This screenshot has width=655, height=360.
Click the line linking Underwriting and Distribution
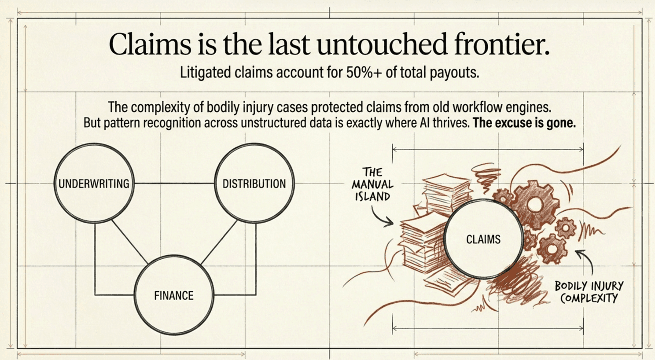pyautogui.click(x=174, y=184)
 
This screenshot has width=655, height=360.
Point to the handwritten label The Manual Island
pyautogui.click(x=372, y=184)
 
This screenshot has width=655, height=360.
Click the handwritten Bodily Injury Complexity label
pyautogui.click(x=589, y=292)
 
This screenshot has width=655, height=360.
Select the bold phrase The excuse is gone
pyautogui.click(x=524, y=123)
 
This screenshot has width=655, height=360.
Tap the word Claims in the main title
pyautogui.click(x=150, y=44)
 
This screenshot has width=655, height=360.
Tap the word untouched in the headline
pyautogui.click(x=382, y=44)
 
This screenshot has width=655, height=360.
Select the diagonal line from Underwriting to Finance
pyautogui.click(x=130, y=242)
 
